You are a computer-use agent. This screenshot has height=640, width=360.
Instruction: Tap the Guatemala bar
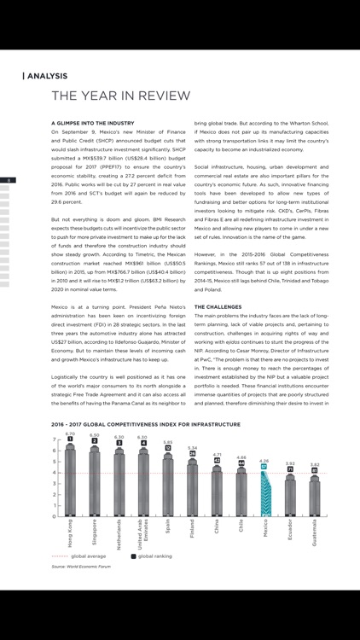click(315, 496)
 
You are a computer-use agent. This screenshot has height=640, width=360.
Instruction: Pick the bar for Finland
click(193, 486)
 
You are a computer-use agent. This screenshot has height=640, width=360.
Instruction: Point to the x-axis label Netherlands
click(119, 534)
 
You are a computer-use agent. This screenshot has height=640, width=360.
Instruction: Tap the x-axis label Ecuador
click(290, 530)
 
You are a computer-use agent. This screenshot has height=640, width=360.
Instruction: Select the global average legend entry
click(84, 556)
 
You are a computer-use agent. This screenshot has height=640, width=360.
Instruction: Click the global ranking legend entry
click(151, 556)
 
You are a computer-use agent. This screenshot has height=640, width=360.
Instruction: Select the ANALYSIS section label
click(46, 76)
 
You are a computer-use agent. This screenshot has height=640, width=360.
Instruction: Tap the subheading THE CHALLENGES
click(223, 305)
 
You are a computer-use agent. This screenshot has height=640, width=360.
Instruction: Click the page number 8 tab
click(7, 180)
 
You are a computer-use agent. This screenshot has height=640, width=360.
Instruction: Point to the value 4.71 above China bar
click(218, 455)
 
